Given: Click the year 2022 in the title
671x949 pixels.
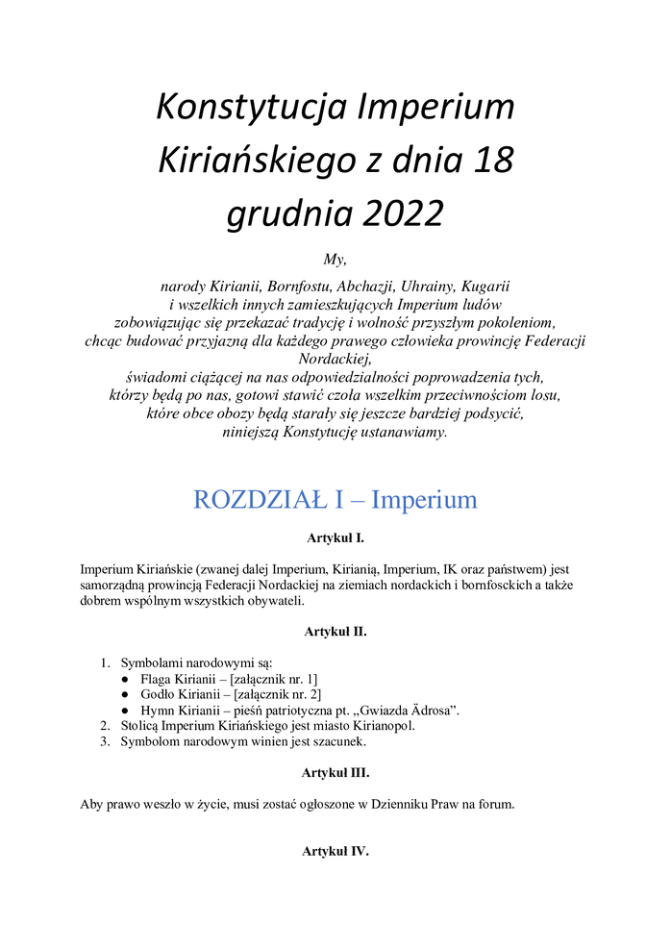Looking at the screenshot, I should pos(403,213).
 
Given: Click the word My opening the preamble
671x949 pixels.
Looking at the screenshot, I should pos(335,258).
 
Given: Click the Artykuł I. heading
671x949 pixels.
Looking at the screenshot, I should pos(335,538).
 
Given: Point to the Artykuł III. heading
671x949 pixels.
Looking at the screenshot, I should pos(335,772).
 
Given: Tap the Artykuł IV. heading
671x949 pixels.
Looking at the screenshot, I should pos(335,851).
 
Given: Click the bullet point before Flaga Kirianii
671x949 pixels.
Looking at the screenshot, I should pos(126,680).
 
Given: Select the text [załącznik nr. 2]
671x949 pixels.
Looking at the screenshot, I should pos(269,694).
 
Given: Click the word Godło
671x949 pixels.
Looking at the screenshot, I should pos(159,694).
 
